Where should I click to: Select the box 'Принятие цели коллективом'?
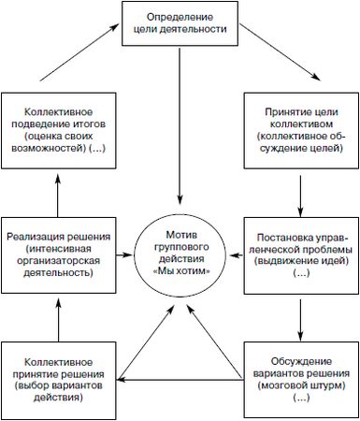click(x=300, y=121)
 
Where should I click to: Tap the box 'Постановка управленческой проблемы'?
click(x=300, y=250)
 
